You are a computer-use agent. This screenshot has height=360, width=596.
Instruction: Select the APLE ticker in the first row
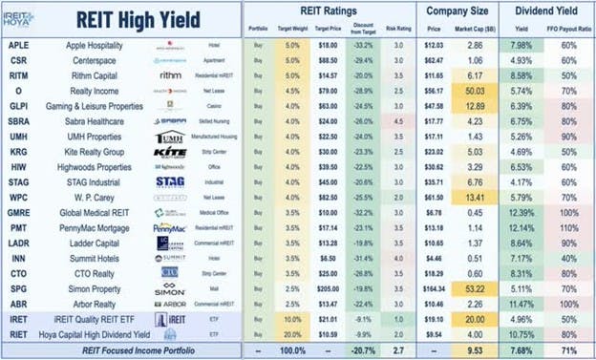pyautogui.click(x=17, y=45)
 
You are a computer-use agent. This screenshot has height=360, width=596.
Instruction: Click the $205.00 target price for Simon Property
pyautogui.click(x=302, y=286)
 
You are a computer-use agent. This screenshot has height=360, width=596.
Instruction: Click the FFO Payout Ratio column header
pyautogui.click(x=567, y=31)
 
